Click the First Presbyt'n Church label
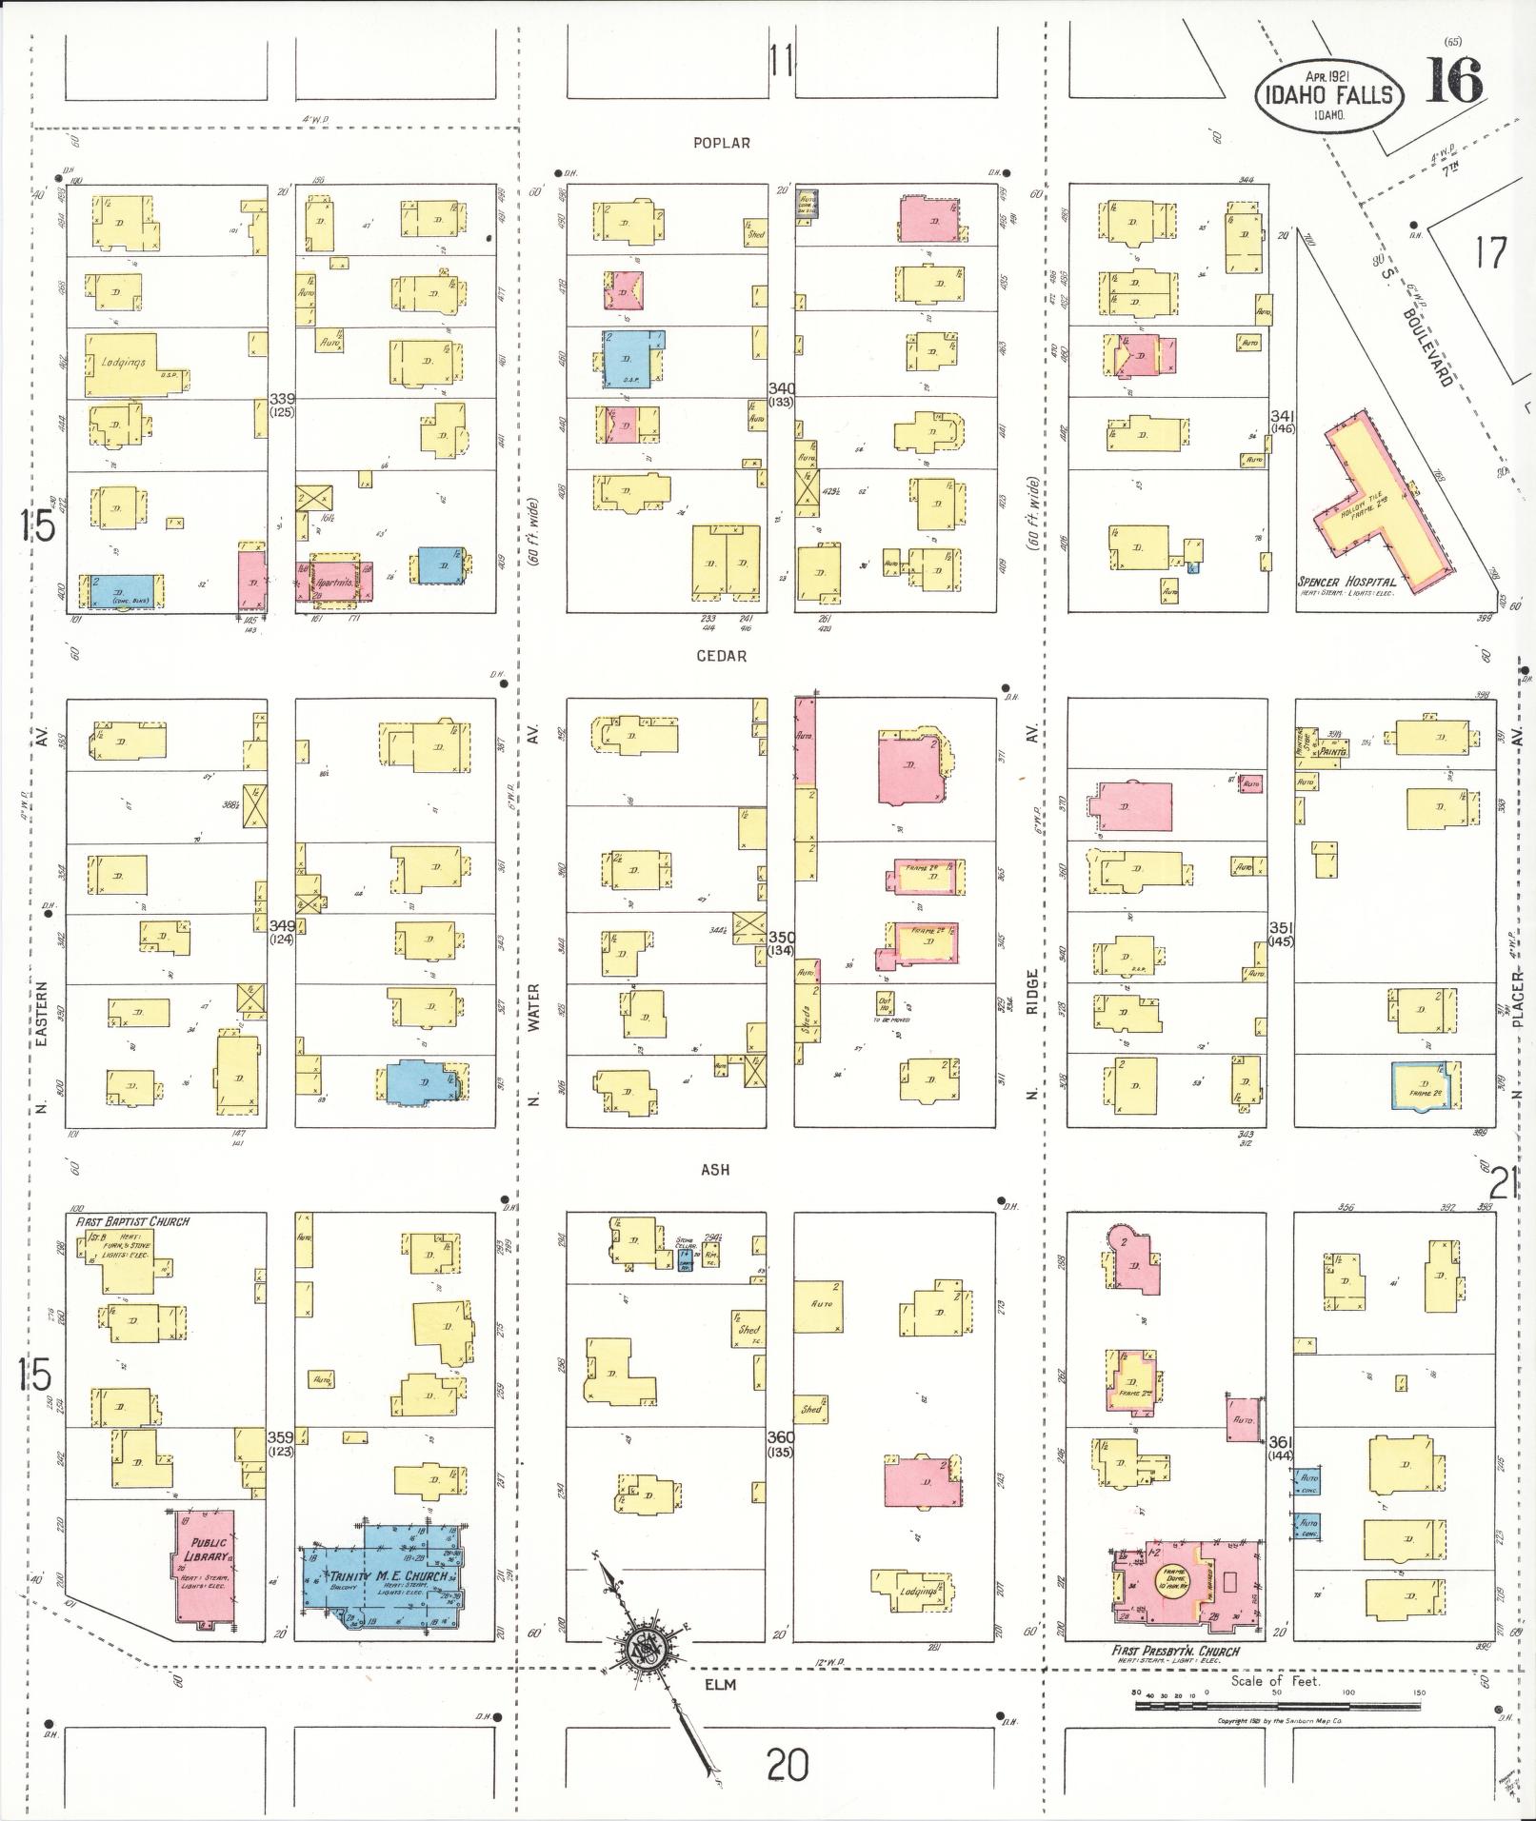coord(1175,1652)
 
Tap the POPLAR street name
coord(721,143)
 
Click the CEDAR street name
coord(721,656)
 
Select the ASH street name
coord(715,1170)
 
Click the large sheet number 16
coord(1454,82)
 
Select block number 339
coord(282,398)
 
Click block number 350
coord(781,938)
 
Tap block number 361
coord(1282,1443)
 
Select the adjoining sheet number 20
coord(788,1766)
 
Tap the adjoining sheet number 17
coord(1490,253)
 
